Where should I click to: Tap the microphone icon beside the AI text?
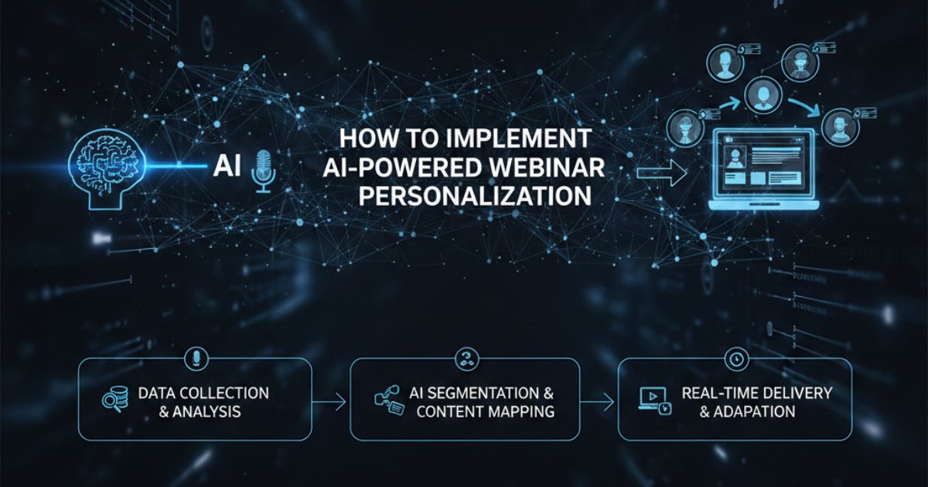(x=263, y=169)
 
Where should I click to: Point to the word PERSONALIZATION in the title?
(x=474, y=196)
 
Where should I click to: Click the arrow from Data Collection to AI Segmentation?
(x=330, y=401)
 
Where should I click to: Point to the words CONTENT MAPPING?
(x=485, y=411)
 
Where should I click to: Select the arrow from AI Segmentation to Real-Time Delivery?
(x=599, y=401)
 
